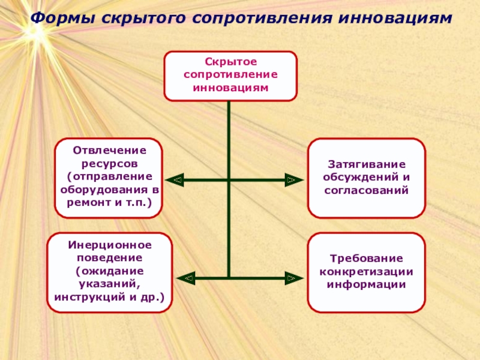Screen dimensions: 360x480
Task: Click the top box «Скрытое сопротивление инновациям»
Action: pos(230,76)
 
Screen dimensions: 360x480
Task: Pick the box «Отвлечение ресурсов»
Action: pos(109,178)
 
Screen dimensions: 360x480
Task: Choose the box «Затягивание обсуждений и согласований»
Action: pos(366,178)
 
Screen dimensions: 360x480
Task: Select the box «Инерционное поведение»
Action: pos(109,272)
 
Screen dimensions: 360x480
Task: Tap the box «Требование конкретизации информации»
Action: pos(366,272)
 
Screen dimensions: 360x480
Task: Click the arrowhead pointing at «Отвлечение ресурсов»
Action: pos(176,179)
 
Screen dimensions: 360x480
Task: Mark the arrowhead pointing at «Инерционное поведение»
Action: pos(188,278)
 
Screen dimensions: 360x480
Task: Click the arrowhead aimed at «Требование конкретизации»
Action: pos(291,278)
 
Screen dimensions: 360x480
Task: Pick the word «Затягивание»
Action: pos(366,164)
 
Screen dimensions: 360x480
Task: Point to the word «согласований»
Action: pos(366,190)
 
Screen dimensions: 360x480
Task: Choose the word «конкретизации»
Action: pos(366,272)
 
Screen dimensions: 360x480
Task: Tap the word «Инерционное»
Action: pos(109,246)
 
